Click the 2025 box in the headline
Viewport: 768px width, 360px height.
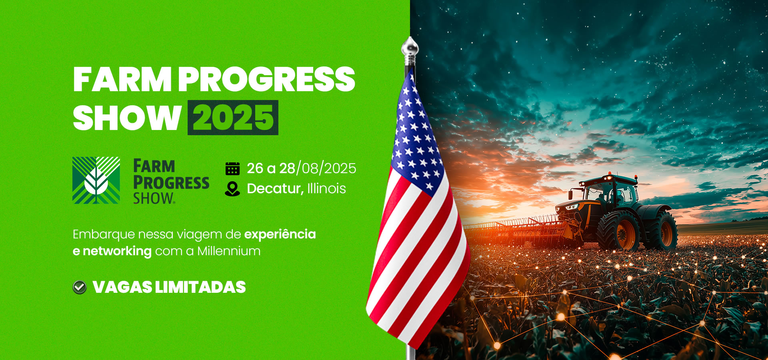(x=233, y=118)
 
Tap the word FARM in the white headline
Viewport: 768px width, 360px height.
(x=122, y=79)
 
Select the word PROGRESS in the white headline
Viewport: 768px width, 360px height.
(x=266, y=79)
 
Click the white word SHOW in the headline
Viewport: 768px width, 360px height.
(x=127, y=118)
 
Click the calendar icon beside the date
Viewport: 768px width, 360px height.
(x=232, y=169)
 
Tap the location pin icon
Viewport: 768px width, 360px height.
(x=232, y=189)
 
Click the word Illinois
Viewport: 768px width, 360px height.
(x=326, y=188)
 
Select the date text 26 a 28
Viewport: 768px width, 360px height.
(x=271, y=168)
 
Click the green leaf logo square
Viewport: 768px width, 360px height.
(x=96, y=180)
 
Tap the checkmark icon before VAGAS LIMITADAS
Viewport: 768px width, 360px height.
(x=80, y=287)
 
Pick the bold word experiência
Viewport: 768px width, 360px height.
(x=280, y=234)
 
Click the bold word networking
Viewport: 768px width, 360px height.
(x=117, y=252)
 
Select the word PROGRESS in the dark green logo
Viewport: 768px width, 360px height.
(x=171, y=182)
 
